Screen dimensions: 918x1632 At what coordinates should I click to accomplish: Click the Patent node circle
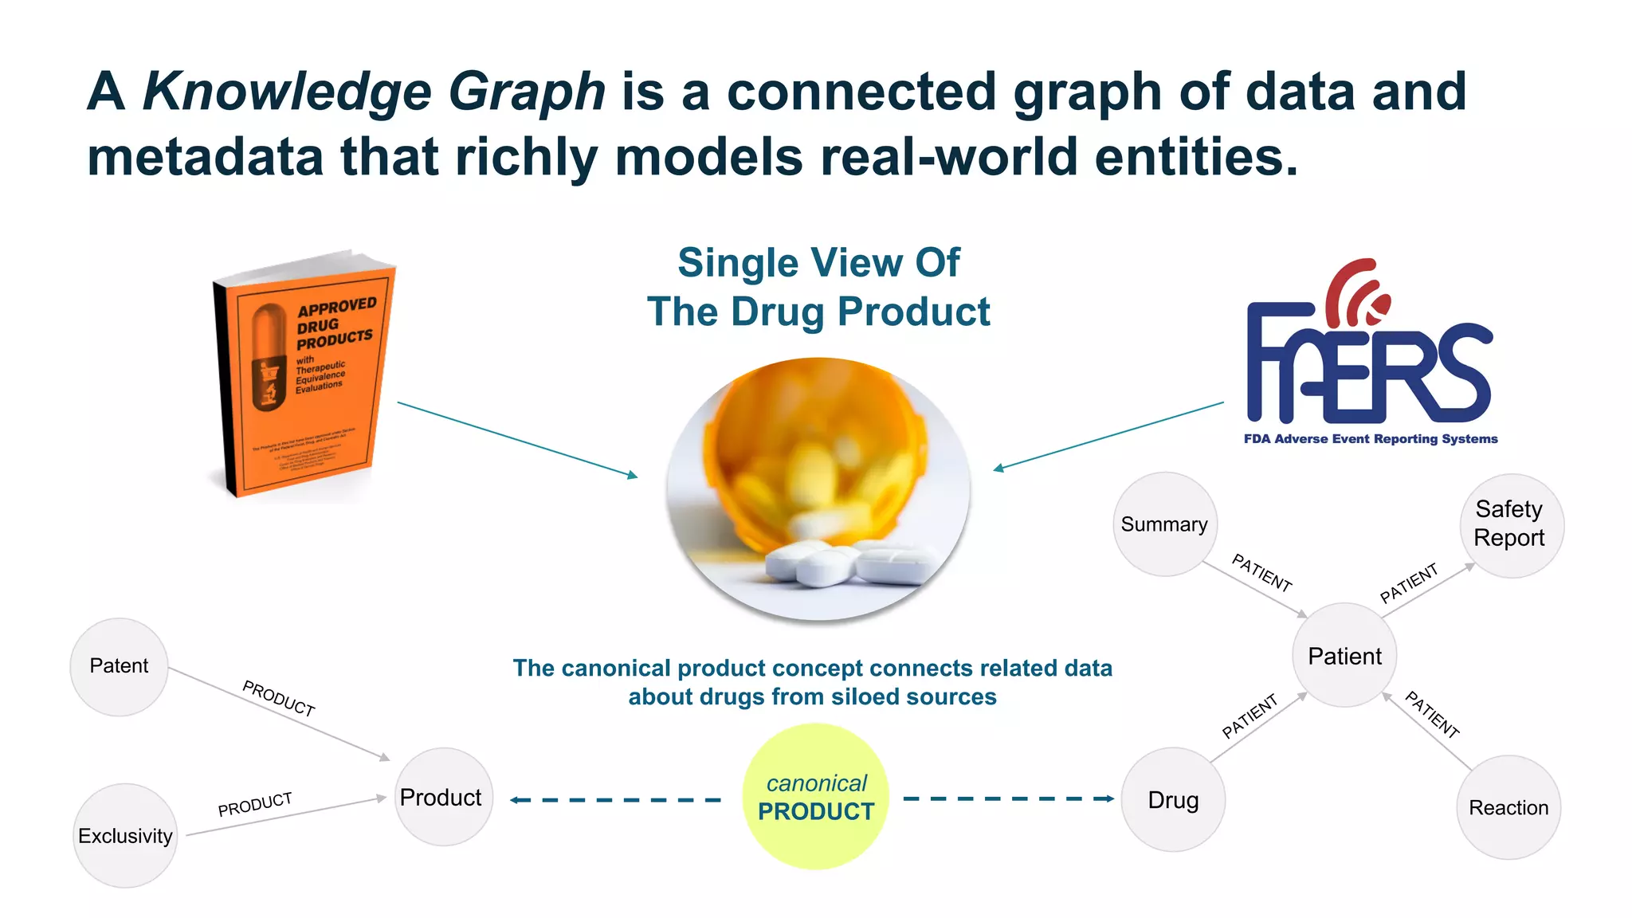pos(120,667)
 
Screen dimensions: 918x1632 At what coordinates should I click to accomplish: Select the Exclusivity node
pos(125,835)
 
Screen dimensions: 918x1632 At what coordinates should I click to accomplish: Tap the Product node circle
pos(443,797)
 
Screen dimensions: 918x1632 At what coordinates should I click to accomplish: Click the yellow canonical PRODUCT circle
pos(816,797)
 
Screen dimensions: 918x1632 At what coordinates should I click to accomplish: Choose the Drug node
pos(1173,799)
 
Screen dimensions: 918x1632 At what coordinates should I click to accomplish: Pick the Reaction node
pos(1508,807)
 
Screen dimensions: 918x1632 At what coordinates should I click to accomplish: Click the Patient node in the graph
pos(1344,655)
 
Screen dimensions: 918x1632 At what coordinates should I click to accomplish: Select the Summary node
pos(1165,524)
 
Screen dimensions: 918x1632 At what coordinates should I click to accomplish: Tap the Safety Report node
pos(1511,525)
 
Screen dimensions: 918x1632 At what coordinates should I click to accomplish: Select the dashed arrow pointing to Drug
pos(1009,798)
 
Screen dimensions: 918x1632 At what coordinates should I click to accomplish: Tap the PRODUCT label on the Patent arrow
pos(279,698)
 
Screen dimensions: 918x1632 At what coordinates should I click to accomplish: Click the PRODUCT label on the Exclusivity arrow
pos(255,804)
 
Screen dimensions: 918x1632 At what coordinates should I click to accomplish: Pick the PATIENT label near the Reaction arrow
pos(1432,715)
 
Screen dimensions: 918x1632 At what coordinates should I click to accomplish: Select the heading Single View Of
pos(818,263)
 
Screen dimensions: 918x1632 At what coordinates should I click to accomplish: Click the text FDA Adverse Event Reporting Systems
pos(1371,439)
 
